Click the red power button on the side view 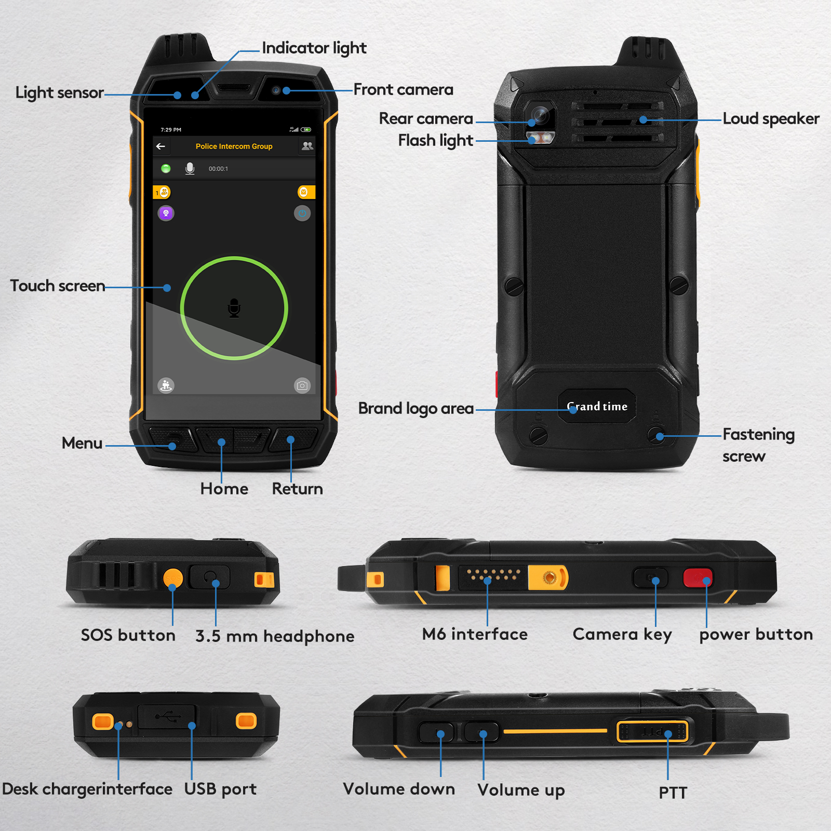pos(698,578)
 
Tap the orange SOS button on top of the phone pos(173,578)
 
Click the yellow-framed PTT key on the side pos(652,732)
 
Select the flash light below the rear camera pos(541,138)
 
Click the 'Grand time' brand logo pos(597,406)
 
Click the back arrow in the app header pos(160,146)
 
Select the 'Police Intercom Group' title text pos(234,146)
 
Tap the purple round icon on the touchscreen pos(166,213)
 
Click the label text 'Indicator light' pos(314,48)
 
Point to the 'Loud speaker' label pos(771,119)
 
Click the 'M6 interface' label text pos(475,634)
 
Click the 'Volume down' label pos(399,789)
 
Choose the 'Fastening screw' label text pos(758,445)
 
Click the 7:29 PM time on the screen pos(171,130)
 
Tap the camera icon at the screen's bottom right pos(302,385)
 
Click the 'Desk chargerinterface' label pos(87,789)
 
